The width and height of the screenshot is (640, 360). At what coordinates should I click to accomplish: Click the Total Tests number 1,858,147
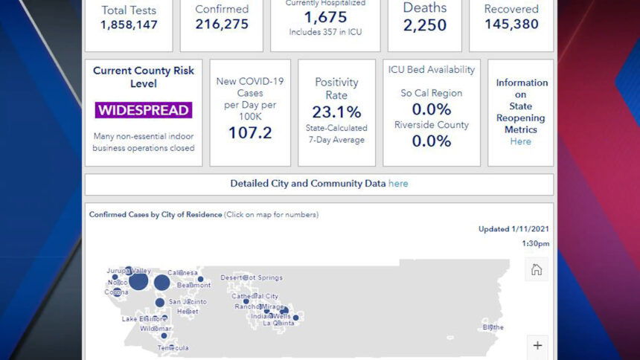pos(129,25)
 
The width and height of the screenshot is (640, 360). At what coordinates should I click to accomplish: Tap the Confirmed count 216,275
pos(222,25)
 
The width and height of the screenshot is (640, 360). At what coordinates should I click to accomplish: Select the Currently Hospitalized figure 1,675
pos(325,17)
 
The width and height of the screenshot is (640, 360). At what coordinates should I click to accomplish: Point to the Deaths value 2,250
pos(425,25)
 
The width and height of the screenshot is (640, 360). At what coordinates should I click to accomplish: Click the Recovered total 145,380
pos(511,25)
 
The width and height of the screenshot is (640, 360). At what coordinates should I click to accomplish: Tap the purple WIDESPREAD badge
pos(144,110)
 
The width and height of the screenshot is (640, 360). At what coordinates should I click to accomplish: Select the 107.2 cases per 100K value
pos(250,133)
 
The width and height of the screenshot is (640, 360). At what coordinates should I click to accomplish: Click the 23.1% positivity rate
pos(336,112)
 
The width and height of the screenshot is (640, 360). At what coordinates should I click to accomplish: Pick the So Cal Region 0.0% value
pos(431,109)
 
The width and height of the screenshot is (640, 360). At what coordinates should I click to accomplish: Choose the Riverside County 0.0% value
pos(431,141)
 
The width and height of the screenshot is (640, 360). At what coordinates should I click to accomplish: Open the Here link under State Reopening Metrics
pos(521,141)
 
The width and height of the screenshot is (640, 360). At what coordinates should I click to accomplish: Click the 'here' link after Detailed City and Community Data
pos(398,184)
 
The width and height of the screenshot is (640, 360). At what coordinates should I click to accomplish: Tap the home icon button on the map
pos(537,270)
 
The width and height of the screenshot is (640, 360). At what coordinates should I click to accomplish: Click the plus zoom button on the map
pos(537,345)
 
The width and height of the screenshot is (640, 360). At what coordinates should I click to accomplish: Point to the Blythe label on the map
pos(493,327)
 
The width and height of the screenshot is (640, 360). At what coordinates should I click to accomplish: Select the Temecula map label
pos(173,347)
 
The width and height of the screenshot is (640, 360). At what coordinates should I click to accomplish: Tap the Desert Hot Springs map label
pos(252,277)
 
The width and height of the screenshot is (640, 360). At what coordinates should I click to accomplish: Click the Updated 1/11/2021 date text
pos(513,229)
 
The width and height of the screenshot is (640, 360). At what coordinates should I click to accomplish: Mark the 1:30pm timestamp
pos(535,243)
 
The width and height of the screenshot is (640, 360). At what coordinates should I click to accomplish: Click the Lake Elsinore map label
pos(144,319)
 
